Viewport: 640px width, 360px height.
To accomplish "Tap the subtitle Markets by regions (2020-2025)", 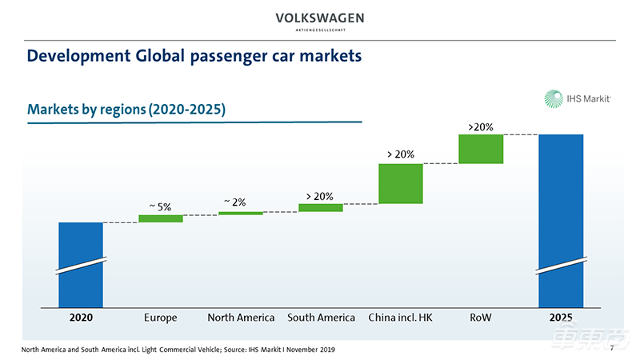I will coord(126,110).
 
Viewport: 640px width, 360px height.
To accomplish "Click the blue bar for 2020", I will coord(81,264).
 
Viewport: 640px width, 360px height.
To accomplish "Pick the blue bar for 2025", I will coord(561,220).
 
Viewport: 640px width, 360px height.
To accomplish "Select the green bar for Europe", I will coord(161,218).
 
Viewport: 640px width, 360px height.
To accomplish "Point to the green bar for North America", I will coord(241,213).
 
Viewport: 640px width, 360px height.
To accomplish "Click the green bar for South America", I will coord(320,207).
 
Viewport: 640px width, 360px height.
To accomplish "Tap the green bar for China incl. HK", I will coord(401,184).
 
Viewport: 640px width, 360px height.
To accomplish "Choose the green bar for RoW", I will coord(481,149).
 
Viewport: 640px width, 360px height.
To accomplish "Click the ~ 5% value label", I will coord(160,207).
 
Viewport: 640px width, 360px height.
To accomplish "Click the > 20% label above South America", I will coord(320,196).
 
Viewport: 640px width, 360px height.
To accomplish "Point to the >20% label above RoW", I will coord(481,126).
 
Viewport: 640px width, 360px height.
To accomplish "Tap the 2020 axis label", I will coord(81,318).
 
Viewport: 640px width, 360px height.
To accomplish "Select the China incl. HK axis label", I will coord(401,318).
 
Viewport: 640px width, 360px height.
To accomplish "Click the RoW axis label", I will coord(481,318).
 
